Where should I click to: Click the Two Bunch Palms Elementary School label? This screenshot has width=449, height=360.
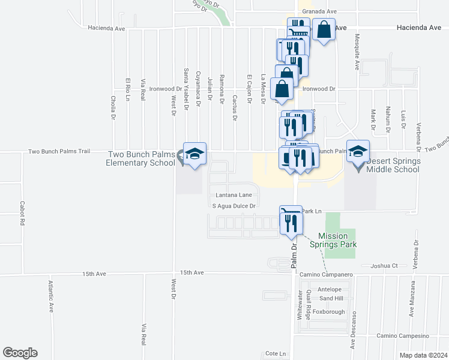(x=142, y=158)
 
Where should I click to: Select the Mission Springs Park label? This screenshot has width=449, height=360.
(x=333, y=240)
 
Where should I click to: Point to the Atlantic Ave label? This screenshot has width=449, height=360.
(x=52, y=297)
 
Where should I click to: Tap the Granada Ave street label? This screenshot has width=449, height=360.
(x=319, y=11)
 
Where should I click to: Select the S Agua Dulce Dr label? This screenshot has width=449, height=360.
(x=235, y=206)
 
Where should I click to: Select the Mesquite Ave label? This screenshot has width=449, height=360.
(x=357, y=57)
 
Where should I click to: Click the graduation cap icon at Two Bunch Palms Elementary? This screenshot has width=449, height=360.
(x=194, y=155)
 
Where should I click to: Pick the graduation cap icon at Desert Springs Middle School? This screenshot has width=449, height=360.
(x=358, y=152)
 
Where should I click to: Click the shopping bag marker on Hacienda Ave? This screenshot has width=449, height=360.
(x=324, y=29)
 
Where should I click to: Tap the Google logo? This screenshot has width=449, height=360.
(x=20, y=353)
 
